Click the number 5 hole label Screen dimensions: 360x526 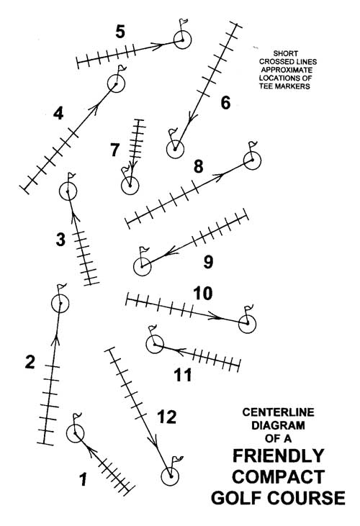click(120, 32)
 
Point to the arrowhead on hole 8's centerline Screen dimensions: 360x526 click(219, 176)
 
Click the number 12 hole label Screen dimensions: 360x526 click(167, 417)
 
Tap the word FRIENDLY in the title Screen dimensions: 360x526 click(278, 455)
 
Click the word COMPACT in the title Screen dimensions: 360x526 click(278, 476)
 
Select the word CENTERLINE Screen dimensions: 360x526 click(278, 412)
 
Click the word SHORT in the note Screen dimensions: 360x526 click(286, 53)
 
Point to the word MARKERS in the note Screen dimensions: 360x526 click(294, 86)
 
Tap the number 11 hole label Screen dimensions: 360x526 click(183, 375)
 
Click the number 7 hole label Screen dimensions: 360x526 click(114, 150)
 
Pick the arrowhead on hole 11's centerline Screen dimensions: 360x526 click(179, 352)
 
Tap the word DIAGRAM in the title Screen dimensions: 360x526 click(278, 425)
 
